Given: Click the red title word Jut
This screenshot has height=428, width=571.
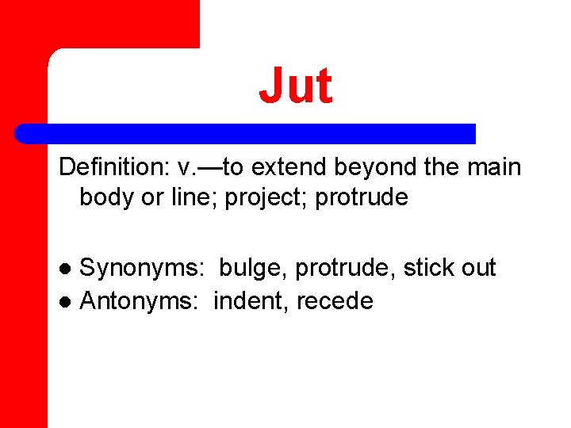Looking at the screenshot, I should pyautogui.click(x=295, y=86).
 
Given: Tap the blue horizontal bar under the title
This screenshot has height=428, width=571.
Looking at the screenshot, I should pyautogui.click(x=246, y=133).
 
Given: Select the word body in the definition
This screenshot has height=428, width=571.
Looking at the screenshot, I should pyautogui.click(x=107, y=197).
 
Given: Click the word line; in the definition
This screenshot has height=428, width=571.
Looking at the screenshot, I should pyautogui.click(x=194, y=197).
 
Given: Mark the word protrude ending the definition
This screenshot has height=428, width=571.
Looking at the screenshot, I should pyautogui.click(x=362, y=197).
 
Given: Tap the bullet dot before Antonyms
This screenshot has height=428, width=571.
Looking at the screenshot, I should pyautogui.click(x=67, y=302).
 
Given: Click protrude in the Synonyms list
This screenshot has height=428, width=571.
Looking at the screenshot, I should pyautogui.click(x=345, y=269).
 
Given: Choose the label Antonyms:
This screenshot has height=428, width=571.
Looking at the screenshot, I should pyautogui.click(x=140, y=301).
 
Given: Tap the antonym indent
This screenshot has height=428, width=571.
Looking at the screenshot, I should pyautogui.click(x=250, y=301).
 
